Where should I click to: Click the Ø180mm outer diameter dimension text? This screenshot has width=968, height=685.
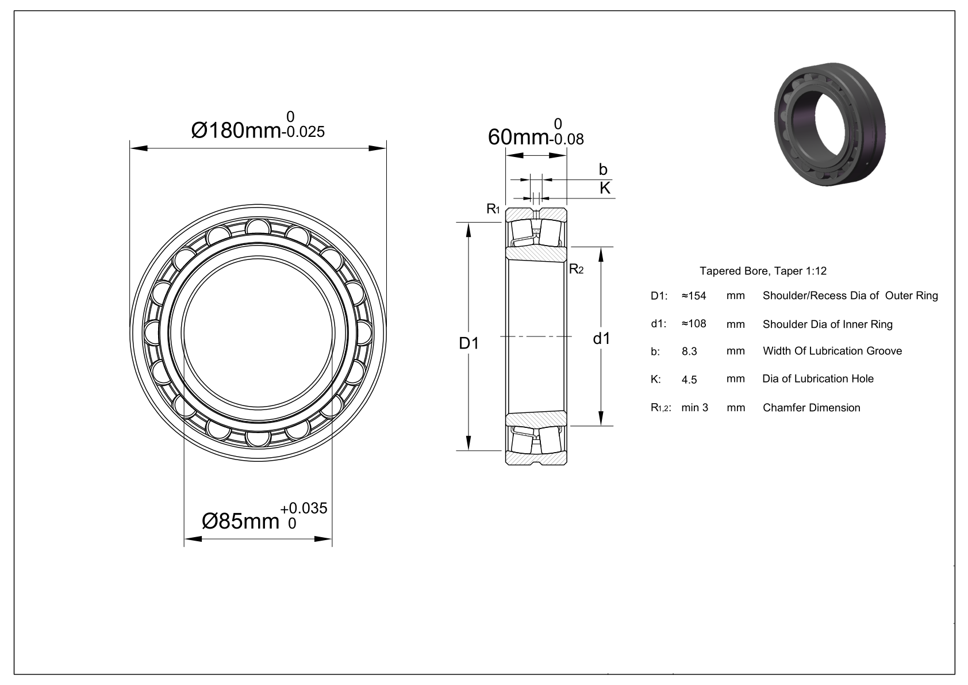tap(236, 131)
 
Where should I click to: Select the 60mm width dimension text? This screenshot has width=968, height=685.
tap(518, 137)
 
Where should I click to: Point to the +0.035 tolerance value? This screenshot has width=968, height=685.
tap(304, 508)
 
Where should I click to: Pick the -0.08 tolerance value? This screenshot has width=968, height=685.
tap(567, 139)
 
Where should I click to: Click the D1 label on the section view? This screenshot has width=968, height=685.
tap(468, 343)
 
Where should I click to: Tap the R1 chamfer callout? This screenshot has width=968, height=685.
tap(493, 209)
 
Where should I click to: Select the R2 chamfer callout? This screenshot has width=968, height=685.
tap(576, 269)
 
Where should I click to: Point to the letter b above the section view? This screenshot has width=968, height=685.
tap(603, 169)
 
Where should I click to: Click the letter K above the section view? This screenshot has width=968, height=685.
tap(605, 187)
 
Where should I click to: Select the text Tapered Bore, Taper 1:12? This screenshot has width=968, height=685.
tap(763, 271)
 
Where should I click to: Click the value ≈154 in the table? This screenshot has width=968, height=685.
tap(694, 296)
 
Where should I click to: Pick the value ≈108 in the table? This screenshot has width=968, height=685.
tap(694, 324)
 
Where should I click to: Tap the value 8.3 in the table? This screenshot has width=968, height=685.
tap(689, 351)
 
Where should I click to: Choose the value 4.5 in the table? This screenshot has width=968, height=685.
tap(689, 380)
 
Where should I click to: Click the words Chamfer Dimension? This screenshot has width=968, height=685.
tap(811, 408)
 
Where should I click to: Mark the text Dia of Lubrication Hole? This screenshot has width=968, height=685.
tap(817, 379)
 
